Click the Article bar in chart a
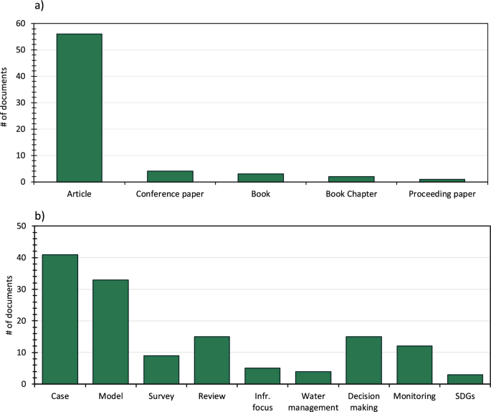[x=79, y=107]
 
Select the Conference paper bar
[x=170, y=176]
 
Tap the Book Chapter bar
[x=351, y=178]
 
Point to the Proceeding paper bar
[x=442, y=180]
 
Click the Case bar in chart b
[x=59, y=319]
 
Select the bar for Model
[x=110, y=332]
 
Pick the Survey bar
[x=161, y=370]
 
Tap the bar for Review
[x=211, y=360]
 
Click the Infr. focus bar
[x=262, y=376]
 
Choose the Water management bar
[x=313, y=378]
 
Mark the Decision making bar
[x=363, y=360]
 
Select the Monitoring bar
[x=414, y=365]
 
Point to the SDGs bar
[x=464, y=379]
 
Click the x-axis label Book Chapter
[x=351, y=194]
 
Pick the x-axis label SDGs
[x=464, y=396]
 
